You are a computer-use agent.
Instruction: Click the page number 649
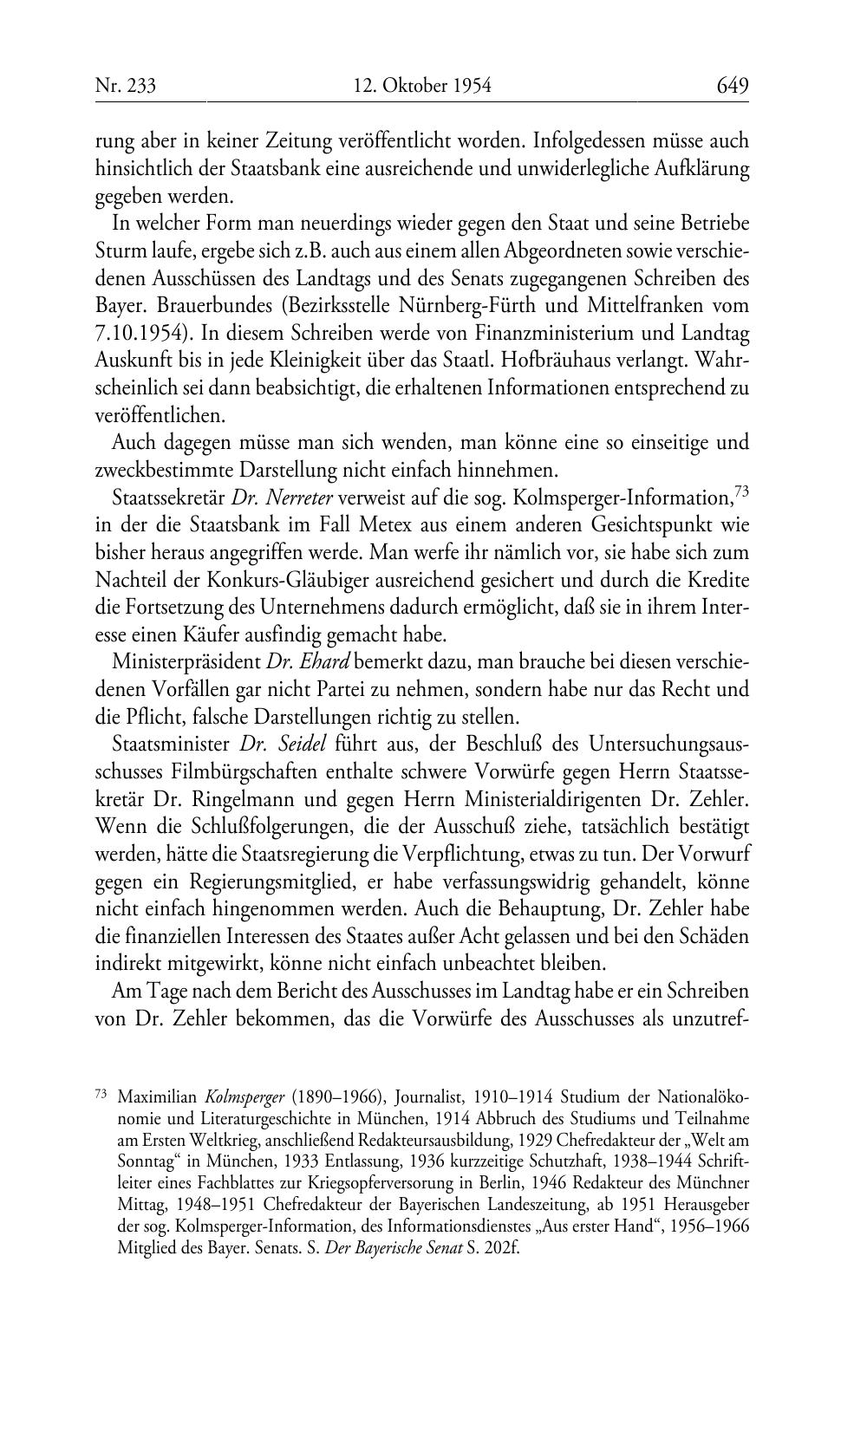pyautogui.click(x=732, y=86)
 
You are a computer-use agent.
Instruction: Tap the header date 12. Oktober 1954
pyautogui.click(x=422, y=86)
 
